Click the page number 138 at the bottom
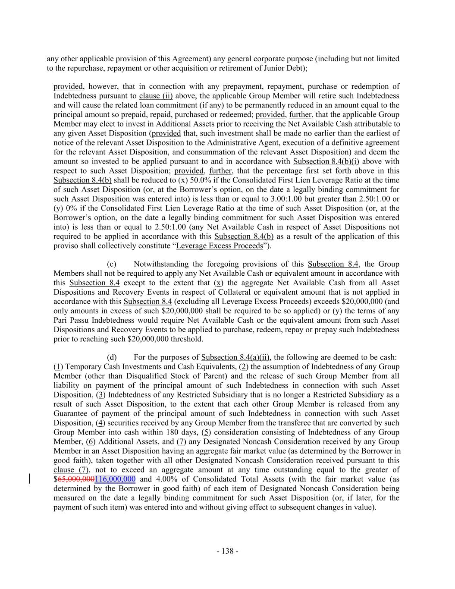point(227,551)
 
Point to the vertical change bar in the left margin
point(30,479)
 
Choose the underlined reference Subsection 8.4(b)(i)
point(326,161)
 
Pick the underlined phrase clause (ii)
point(156,96)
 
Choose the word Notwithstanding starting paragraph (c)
point(160,264)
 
